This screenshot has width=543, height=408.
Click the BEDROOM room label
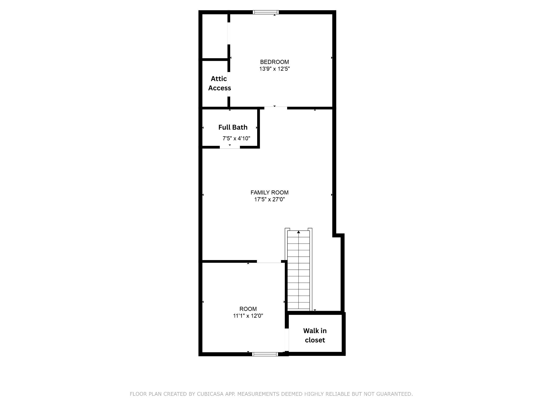pos(274,62)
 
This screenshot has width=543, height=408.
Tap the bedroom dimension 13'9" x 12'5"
pos(274,69)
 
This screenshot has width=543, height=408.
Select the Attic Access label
pos(219,83)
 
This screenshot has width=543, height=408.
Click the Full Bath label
pos(233,127)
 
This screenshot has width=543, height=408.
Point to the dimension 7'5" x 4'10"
pos(236,138)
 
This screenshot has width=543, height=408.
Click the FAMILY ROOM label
pos(269,193)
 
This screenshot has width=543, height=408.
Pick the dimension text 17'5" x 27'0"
pos(269,199)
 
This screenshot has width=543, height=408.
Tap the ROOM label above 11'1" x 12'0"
pos(248,309)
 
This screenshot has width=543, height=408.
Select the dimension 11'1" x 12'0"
pos(248,316)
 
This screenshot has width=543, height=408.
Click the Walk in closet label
pos(315,335)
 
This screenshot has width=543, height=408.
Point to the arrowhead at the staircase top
pos(299,232)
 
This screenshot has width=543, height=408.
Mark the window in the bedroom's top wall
pos(266,12)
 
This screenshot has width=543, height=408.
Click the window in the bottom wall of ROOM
pos(265,354)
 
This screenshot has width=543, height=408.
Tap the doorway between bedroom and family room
pos(275,108)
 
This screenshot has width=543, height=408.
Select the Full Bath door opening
pos(230,147)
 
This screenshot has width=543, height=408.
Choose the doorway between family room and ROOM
pos(269,262)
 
